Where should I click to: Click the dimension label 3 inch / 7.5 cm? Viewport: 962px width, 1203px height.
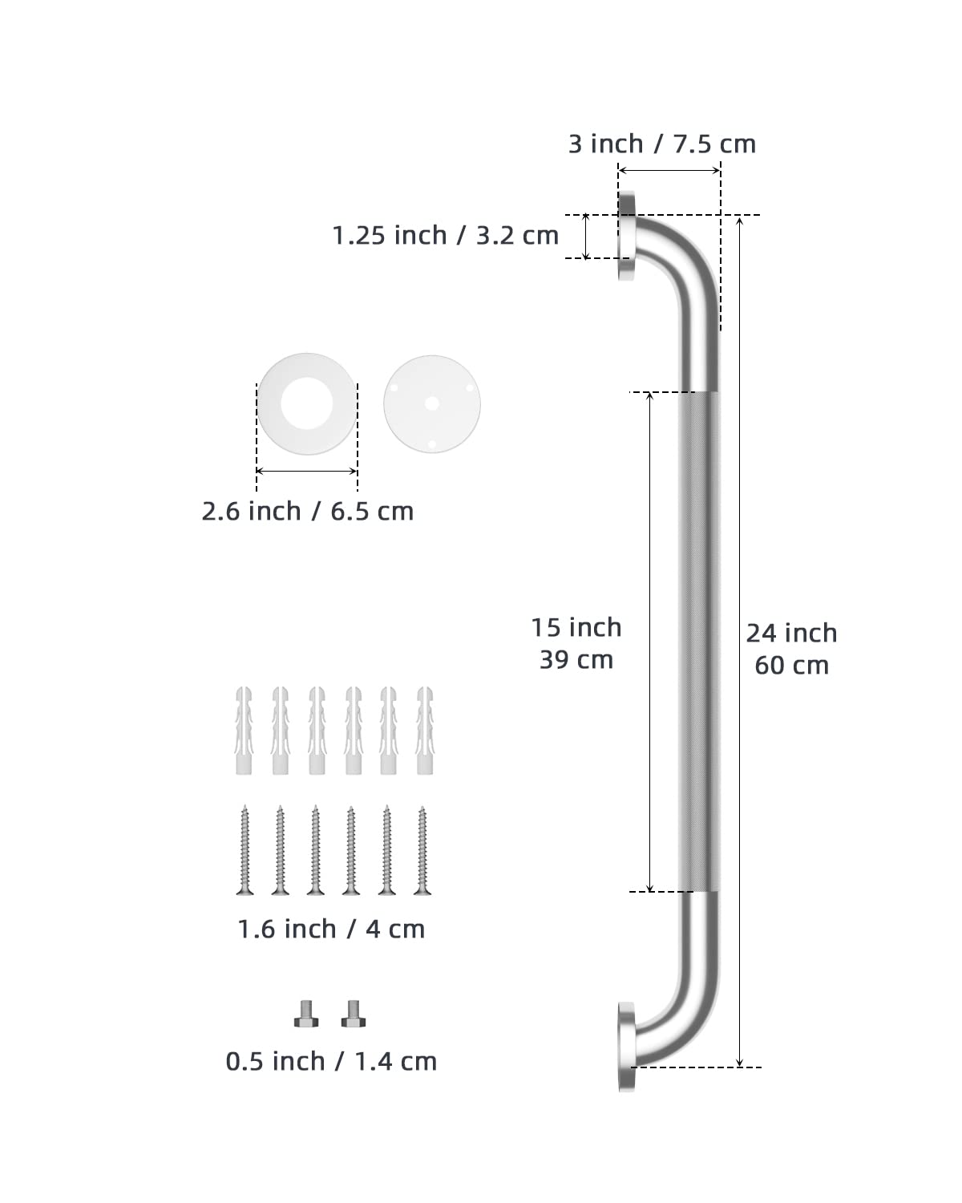(662, 144)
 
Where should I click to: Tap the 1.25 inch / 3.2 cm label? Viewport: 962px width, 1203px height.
(446, 236)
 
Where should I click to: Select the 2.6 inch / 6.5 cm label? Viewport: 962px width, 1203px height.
(307, 512)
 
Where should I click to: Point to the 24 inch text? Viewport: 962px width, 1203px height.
(791, 634)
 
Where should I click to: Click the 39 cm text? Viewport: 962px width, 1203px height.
(576, 660)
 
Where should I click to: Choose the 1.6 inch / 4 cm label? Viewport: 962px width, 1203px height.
(331, 930)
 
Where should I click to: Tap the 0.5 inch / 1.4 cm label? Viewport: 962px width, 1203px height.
(331, 1062)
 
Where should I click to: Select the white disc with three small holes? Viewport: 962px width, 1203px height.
(431, 403)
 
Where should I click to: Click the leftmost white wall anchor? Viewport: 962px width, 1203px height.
(244, 730)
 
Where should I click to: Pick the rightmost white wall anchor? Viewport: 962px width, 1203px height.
(424, 730)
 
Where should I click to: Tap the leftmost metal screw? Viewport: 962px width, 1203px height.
(245, 850)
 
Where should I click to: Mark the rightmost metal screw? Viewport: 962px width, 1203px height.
(422, 850)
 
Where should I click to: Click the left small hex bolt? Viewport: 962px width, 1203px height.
(306, 1014)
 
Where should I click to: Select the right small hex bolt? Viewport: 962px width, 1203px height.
(353, 1014)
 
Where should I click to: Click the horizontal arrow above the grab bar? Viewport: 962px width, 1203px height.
(669, 170)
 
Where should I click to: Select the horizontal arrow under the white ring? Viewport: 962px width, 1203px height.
(307, 472)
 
